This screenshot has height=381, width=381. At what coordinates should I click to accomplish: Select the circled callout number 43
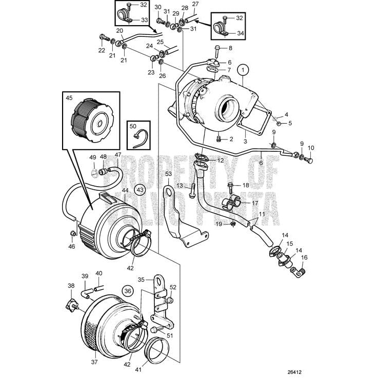[140, 190]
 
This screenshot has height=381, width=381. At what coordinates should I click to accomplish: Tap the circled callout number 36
[127, 290]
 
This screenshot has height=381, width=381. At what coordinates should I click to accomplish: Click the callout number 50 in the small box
[132, 126]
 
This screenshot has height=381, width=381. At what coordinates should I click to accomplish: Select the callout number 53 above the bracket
[168, 175]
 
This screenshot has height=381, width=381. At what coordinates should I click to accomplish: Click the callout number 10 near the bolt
[311, 148]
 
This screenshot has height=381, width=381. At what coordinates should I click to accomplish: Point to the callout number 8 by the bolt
[230, 48]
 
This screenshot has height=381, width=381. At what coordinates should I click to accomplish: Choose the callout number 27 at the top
[195, 4]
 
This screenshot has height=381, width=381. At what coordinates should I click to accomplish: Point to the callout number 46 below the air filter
[72, 247]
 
